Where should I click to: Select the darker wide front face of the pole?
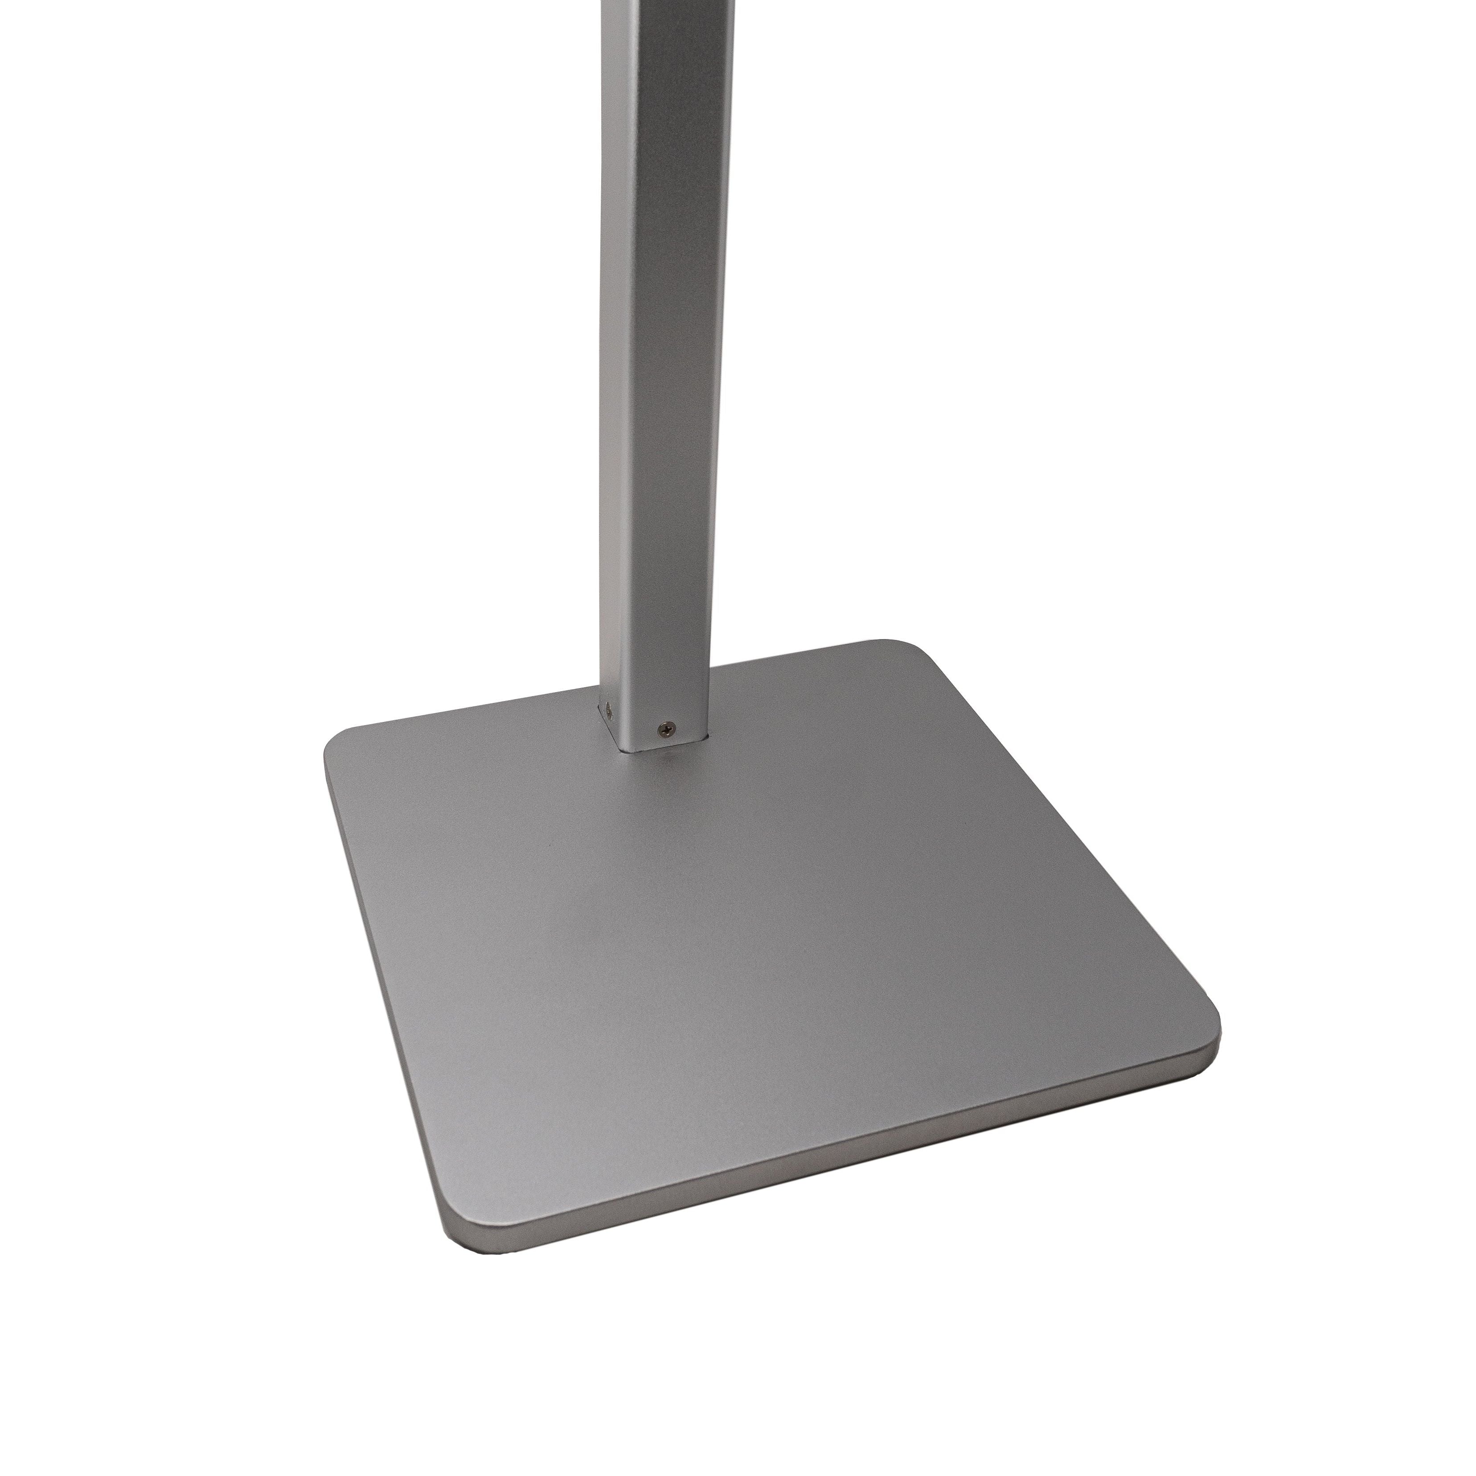672,382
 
